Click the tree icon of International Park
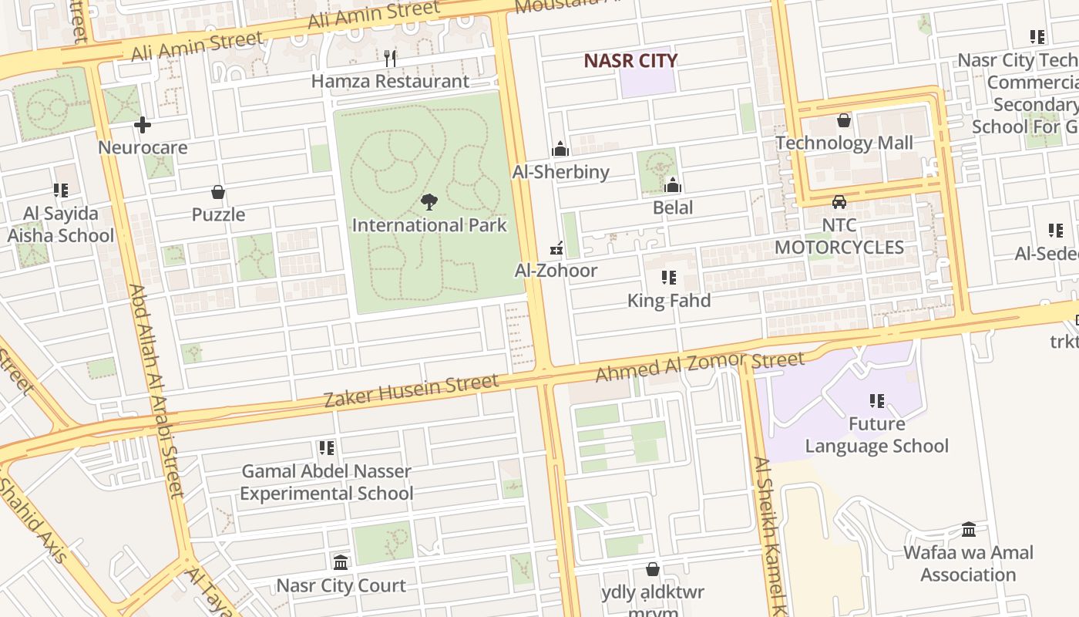click(x=429, y=202)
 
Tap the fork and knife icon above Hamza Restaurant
click(x=390, y=58)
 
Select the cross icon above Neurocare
click(x=143, y=125)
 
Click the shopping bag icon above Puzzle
click(x=218, y=192)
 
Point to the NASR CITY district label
click(x=630, y=61)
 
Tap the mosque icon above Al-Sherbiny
click(x=560, y=149)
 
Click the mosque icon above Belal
click(x=673, y=185)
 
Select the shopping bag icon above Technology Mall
click(x=844, y=120)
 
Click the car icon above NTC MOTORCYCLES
click(x=839, y=202)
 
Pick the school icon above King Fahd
click(x=669, y=278)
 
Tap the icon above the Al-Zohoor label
click(x=555, y=248)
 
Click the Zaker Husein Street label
click(x=411, y=390)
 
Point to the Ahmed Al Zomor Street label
click(x=700, y=366)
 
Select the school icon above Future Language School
click(x=876, y=401)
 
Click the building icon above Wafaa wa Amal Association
click(x=969, y=530)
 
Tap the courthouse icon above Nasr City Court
click(x=341, y=562)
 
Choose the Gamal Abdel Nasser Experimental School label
click(x=327, y=482)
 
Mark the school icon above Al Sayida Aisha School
click(x=61, y=190)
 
